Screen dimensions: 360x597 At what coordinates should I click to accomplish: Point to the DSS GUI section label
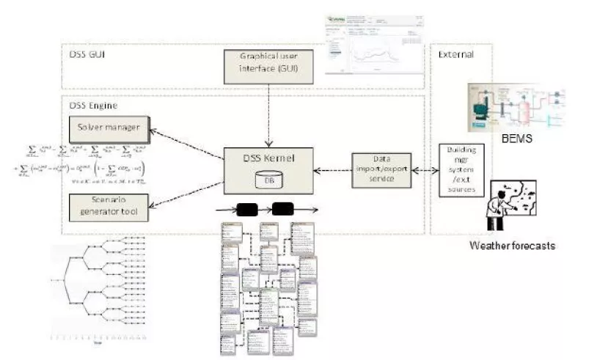[84, 56]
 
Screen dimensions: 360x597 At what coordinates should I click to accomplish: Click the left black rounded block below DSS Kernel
[247, 209]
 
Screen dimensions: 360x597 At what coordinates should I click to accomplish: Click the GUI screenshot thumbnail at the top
[373, 43]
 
